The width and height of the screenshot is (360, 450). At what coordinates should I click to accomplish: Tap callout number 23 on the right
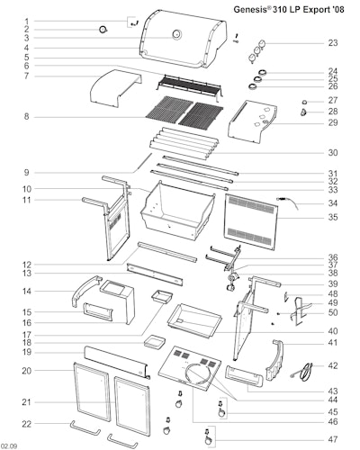click(x=332, y=43)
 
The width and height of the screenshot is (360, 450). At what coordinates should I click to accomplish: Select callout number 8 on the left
click(x=27, y=116)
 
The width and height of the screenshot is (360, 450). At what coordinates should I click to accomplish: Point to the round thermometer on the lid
click(x=176, y=34)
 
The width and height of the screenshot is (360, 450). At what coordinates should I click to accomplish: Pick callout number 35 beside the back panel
click(x=332, y=217)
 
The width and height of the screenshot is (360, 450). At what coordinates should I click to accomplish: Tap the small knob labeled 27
click(x=304, y=103)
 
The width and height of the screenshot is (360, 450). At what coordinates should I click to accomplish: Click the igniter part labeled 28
click(x=304, y=112)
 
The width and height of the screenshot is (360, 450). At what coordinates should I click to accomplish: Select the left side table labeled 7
click(x=115, y=87)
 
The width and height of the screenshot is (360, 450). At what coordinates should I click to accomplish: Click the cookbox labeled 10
click(x=177, y=211)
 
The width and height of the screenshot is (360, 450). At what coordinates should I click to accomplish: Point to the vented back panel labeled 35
click(x=250, y=222)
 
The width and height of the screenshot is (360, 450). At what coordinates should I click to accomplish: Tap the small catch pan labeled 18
click(x=155, y=342)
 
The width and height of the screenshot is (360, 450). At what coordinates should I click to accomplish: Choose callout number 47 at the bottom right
click(x=332, y=439)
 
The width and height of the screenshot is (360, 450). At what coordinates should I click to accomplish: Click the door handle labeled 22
click(x=85, y=428)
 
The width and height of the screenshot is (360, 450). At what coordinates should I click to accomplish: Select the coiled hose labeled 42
click(x=303, y=372)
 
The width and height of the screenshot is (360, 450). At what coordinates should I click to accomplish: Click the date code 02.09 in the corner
click(x=9, y=446)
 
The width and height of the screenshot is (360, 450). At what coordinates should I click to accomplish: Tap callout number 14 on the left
click(x=27, y=291)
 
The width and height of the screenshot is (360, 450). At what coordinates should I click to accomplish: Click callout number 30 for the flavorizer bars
click(x=332, y=152)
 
